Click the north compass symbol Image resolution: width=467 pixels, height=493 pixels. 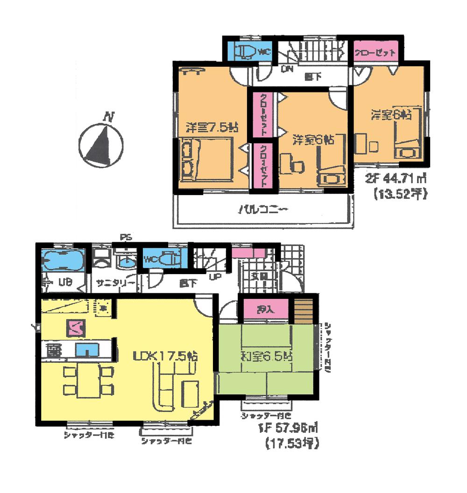(x=101, y=143)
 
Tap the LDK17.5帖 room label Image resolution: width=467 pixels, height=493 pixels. (x=166, y=356)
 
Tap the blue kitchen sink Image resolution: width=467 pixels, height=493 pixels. (x=87, y=349)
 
